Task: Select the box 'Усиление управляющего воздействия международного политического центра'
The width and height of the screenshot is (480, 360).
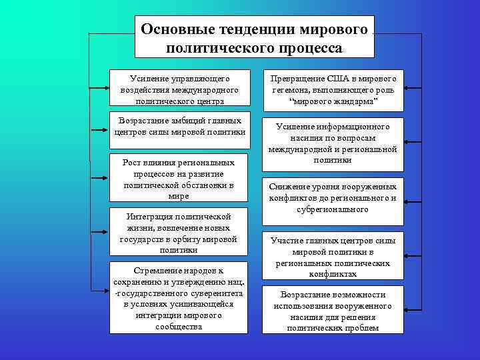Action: pyautogui.click(x=179, y=87)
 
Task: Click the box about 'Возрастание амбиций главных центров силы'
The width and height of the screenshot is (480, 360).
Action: pyautogui.click(x=179, y=129)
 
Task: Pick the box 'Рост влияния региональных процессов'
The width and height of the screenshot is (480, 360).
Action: pyautogui.click(x=179, y=179)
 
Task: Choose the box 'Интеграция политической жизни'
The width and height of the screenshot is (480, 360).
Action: pyautogui.click(x=179, y=233)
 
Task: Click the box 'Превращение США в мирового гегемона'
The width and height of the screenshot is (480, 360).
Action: pyautogui.click(x=333, y=89)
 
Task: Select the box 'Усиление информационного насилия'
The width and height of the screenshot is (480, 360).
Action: pyautogui.click(x=333, y=142)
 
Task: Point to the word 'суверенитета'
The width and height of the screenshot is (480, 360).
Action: pyautogui.click(x=211, y=293)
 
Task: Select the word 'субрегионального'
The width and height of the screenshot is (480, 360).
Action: pyautogui.click(x=333, y=209)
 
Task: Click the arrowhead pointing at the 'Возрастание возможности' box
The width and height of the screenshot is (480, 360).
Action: pyautogui.click(x=408, y=309)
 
